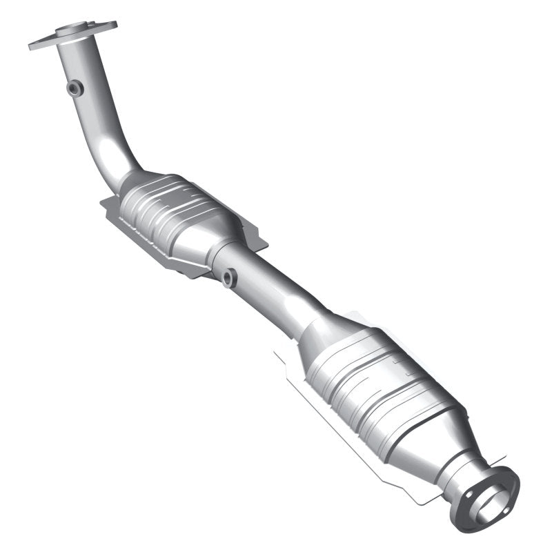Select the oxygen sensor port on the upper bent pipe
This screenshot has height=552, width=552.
point(75,88)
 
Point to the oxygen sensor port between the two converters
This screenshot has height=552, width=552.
point(228,277)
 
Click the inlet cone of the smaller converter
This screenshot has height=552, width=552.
point(131,181)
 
